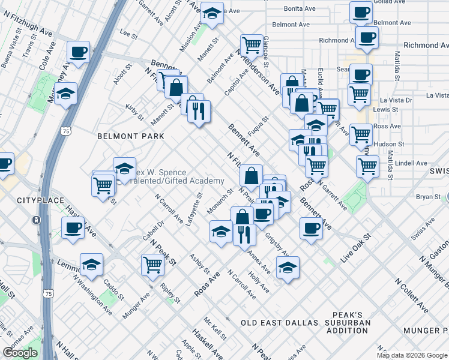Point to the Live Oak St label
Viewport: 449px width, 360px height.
coord(356,247)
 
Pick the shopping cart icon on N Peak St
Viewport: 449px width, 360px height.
coord(153,263)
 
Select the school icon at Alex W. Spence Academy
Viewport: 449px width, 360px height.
coord(124,169)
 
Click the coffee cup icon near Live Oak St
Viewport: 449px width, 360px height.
coord(311,228)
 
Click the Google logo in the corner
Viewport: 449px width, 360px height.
coord(20,353)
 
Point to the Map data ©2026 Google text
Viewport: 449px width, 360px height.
coord(411,355)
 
